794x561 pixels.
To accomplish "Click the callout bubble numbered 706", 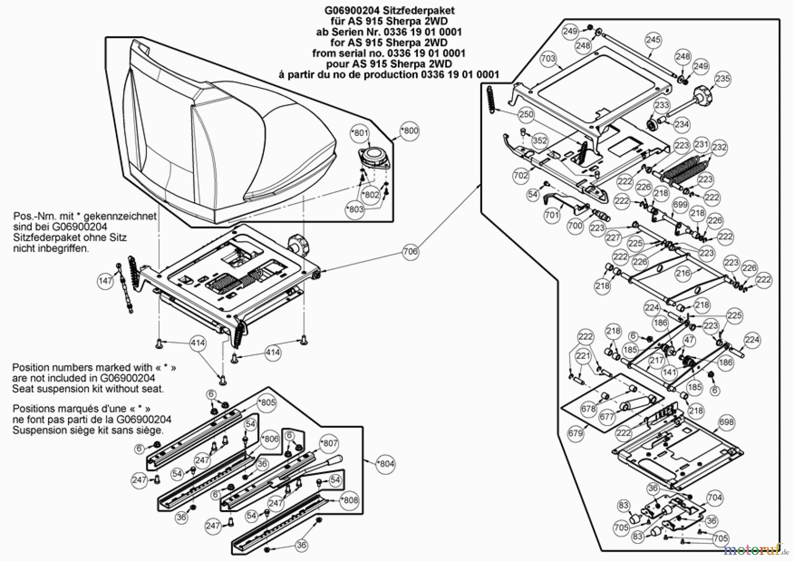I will click(x=410, y=252).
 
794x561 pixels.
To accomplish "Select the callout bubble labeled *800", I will click(x=410, y=131).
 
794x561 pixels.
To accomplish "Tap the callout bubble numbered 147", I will click(x=105, y=281).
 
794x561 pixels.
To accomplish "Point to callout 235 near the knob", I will click(x=723, y=79).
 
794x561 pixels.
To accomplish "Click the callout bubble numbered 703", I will click(x=548, y=59).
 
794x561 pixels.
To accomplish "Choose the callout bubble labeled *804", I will click(x=386, y=464).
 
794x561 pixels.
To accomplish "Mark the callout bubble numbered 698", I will click(x=726, y=422).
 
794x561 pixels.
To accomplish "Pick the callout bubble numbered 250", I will click(x=526, y=114).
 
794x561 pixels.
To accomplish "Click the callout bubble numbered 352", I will click(x=539, y=141).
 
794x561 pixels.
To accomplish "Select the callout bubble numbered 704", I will click(x=715, y=498).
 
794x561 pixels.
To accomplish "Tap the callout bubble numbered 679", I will click(x=575, y=433).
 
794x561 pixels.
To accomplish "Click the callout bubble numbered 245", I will click(x=653, y=40).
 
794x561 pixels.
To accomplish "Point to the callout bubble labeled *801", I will click(x=361, y=133).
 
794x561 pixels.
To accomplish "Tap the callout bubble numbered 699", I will click(x=680, y=205).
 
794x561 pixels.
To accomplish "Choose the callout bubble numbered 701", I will click(x=551, y=215).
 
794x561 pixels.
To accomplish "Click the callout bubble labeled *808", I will click(x=349, y=500).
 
